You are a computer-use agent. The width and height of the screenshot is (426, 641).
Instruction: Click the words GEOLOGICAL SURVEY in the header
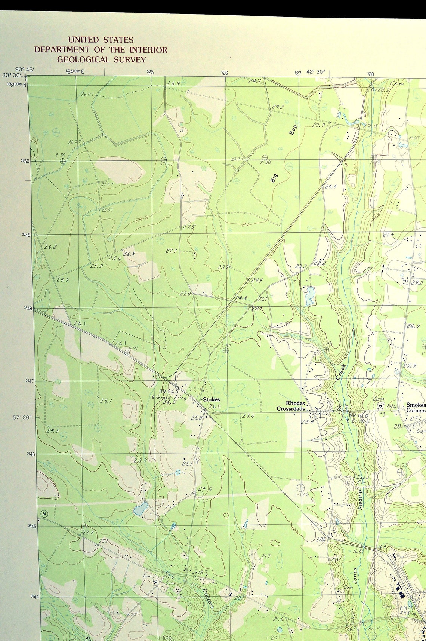pyautogui.click(x=101, y=60)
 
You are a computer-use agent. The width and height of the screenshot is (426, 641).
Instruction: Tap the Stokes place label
pyautogui.click(x=211, y=399)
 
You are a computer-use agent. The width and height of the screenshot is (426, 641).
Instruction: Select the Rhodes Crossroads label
pyautogui.click(x=291, y=406)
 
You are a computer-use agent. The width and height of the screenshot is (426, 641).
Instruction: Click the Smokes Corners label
pyautogui.click(x=416, y=407)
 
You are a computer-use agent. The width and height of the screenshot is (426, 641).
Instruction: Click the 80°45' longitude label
pyautogui.click(x=25, y=69)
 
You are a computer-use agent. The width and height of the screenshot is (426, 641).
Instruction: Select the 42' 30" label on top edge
pyautogui.click(x=316, y=72)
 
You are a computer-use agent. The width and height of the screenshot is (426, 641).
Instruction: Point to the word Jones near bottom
pyautogui.click(x=355, y=576)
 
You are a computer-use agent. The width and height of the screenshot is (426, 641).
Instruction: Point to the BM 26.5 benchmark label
pyautogui.click(x=168, y=392)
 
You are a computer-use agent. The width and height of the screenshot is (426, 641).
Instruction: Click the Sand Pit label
pyautogui.click(x=362, y=480)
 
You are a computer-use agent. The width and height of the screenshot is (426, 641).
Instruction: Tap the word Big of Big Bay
pyautogui.click(x=274, y=178)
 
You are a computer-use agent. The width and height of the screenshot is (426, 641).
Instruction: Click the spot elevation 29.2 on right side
pyautogui.click(x=417, y=283)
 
